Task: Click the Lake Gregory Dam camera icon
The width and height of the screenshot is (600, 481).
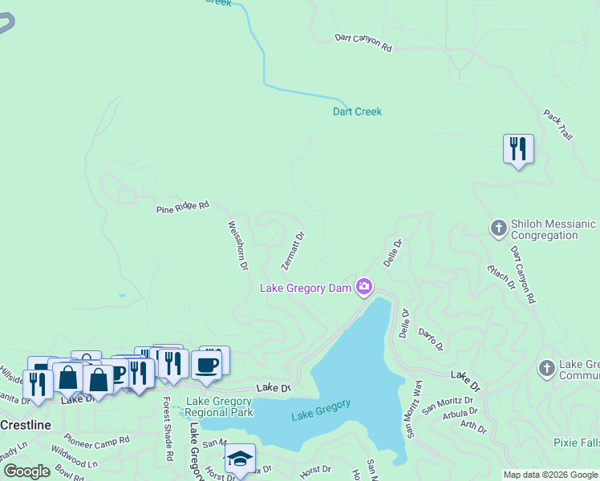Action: (x=364, y=286)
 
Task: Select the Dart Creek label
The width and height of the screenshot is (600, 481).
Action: (x=357, y=111)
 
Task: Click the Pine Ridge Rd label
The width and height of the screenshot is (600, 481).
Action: (x=182, y=207)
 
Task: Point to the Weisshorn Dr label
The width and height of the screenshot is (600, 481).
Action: (x=238, y=245)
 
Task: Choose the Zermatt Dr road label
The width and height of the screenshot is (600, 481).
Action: (x=294, y=250)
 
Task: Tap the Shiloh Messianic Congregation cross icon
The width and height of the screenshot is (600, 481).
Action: (x=498, y=228)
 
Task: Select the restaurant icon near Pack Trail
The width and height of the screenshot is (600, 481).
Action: (x=518, y=148)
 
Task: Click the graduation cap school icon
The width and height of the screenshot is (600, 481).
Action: (x=240, y=459)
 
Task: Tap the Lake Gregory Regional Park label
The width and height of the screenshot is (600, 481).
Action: (x=219, y=406)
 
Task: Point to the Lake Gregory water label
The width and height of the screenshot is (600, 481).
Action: (x=321, y=410)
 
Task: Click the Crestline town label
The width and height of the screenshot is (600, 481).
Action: (x=26, y=423)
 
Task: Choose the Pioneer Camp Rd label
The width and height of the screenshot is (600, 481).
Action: (x=97, y=440)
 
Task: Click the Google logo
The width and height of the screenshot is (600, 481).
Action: (x=26, y=471)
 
